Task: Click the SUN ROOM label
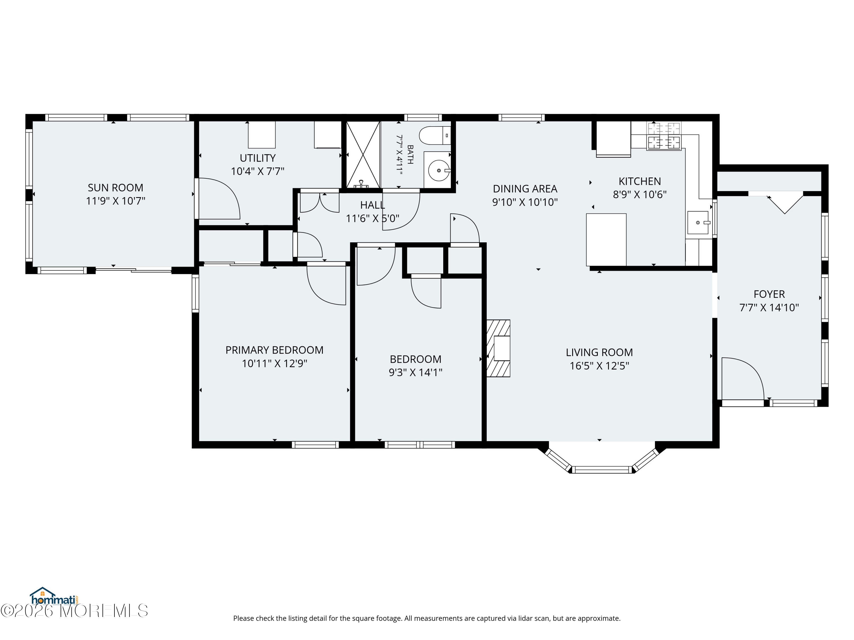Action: [x=116, y=188]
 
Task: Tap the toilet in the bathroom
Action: [x=435, y=135]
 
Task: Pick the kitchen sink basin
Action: [x=698, y=223]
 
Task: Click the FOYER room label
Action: [x=769, y=294]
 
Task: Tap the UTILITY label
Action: [x=258, y=158]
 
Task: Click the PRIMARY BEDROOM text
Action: [x=274, y=350]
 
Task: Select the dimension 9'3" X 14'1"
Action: [x=415, y=373]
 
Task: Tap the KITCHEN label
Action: [x=640, y=181]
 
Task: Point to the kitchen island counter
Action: [x=606, y=240]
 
